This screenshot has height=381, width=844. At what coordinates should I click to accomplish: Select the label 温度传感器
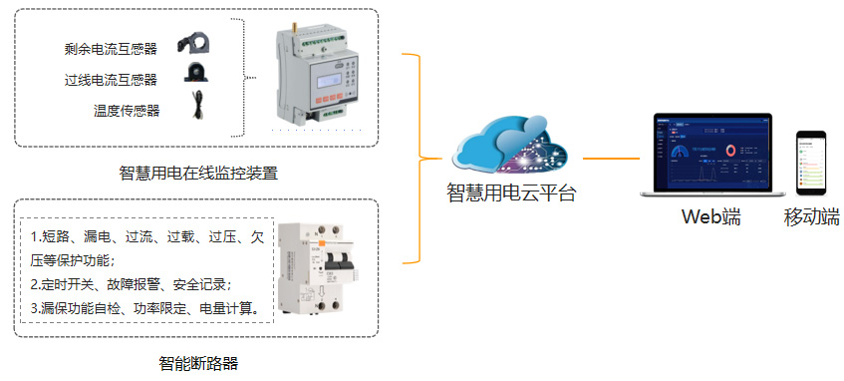point(126,110)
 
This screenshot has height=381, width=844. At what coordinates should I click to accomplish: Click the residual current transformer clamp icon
point(195,44)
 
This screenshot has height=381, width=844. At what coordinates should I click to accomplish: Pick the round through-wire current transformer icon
point(195,74)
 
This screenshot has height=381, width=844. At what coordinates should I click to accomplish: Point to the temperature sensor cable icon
point(196,105)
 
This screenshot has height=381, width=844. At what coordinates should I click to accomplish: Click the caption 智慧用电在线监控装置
point(197,172)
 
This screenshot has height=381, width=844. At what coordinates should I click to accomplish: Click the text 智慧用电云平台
point(510,194)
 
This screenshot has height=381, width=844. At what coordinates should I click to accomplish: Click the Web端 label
point(711,216)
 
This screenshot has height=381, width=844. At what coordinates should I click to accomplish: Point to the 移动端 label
point(812,216)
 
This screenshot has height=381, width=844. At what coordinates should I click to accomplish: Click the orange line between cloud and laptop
point(611,159)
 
